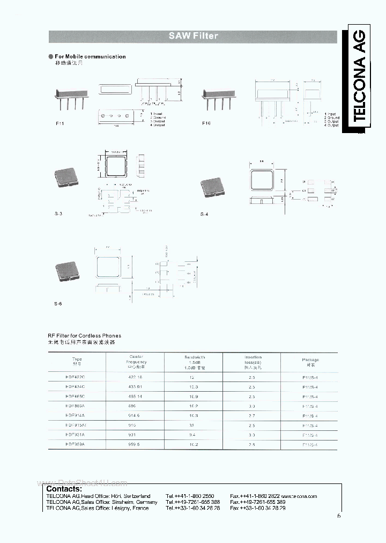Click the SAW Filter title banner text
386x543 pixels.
click(x=193, y=36)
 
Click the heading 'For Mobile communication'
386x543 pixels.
click(x=90, y=56)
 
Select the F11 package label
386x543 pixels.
click(x=60, y=123)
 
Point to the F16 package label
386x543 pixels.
click(x=206, y=123)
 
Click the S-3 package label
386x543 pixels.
click(x=58, y=214)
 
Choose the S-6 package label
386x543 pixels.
click(x=58, y=304)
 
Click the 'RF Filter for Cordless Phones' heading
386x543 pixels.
click(x=85, y=336)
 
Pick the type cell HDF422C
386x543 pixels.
click(x=78, y=378)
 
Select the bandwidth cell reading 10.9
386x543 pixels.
click(x=194, y=396)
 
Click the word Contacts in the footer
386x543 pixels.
click(x=64, y=488)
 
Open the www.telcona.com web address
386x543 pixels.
click(x=299, y=496)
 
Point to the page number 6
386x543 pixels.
click(x=339, y=516)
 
